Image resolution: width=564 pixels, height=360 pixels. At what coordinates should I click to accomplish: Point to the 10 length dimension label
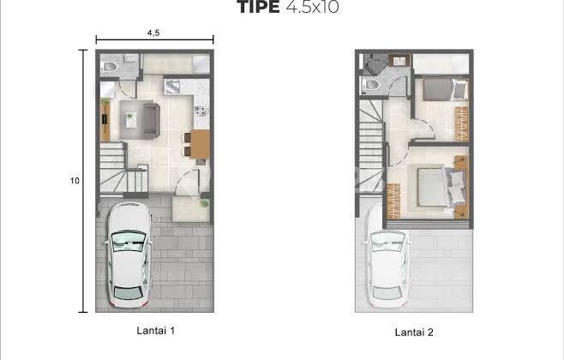coord(75,181)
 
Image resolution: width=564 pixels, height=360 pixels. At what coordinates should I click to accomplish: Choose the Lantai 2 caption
coord(414,331)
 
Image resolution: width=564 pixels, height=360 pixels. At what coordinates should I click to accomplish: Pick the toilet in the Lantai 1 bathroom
coord(111,67)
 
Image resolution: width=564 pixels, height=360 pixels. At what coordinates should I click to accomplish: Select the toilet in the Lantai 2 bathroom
coord(371,85)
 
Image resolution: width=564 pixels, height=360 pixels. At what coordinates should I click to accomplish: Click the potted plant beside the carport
coord(204,203)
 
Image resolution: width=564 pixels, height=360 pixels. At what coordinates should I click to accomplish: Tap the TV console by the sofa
coord(105,120)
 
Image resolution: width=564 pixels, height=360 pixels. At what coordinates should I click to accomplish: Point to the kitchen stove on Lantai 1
coord(201,111)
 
